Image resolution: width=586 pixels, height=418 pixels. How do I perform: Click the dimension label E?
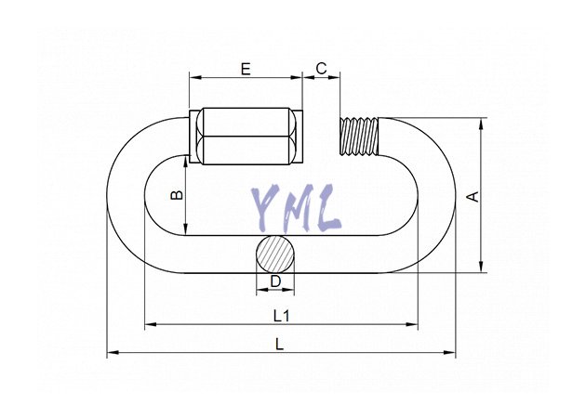point(246,69)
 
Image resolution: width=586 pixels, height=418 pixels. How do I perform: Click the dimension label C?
point(321,69)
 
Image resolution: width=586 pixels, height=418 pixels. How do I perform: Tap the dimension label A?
point(473,197)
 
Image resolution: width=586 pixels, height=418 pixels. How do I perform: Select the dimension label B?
point(177,195)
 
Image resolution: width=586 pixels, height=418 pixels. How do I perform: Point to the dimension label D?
point(275,281)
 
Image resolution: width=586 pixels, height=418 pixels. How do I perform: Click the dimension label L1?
point(282,317)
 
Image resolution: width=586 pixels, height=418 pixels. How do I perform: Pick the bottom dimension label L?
point(280,345)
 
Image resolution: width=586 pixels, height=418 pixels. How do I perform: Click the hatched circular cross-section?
point(275,255)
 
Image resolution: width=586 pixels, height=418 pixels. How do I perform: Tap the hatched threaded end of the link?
point(359,137)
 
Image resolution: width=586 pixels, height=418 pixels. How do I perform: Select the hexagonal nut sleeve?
point(246,137)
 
